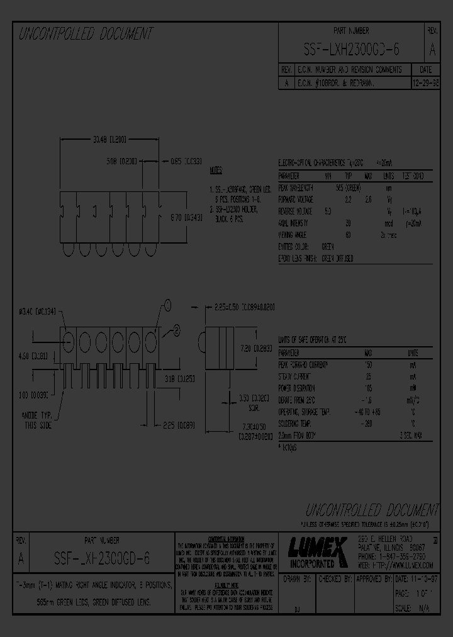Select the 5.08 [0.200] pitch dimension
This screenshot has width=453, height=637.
coord(120,161)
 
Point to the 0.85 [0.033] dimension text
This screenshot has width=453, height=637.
coord(186,161)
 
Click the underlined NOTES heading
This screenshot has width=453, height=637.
coord(215,171)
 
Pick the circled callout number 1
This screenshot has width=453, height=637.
coord(168,307)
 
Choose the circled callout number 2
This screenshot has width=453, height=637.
coord(177,329)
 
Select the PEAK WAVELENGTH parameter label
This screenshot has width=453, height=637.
coord(296,188)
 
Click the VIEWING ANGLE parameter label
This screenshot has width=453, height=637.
coord(294,234)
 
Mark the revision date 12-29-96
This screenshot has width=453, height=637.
coord(425,82)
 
